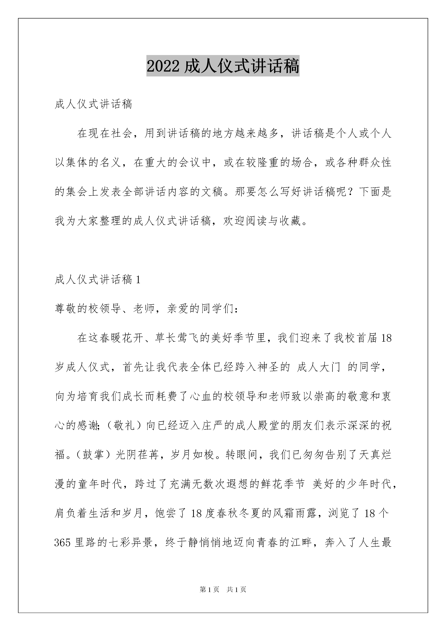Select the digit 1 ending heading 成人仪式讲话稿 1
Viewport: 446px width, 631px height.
[x=138, y=280]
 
